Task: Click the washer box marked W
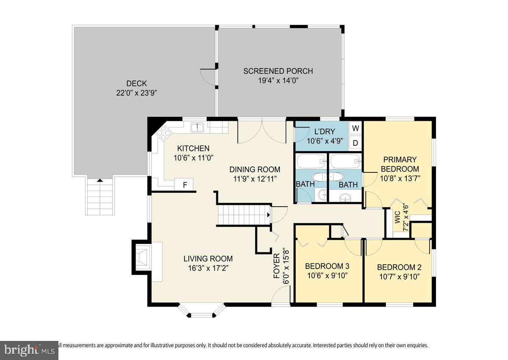tap(356, 128)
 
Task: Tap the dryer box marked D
tap(356, 143)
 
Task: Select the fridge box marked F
tap(184, 185)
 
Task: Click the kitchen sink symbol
tap(197, 127)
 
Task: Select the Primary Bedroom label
tap(400, 164)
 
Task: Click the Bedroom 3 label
tap(327, 266)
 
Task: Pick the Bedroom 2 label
tap(399, 267)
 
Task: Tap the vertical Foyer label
tap(276, 266)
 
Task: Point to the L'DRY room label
tap(324, 131)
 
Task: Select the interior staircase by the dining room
tap(244, 214)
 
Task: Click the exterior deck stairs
tap(100, 197)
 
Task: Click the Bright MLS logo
tap(28, 350)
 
